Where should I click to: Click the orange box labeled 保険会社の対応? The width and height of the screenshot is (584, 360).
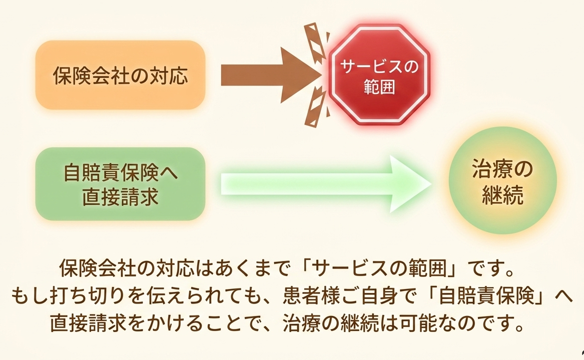tap(120, 75)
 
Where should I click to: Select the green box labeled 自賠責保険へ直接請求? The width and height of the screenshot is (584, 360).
tap(120, 184)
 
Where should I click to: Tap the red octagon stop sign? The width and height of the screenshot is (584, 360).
tap(379, 74)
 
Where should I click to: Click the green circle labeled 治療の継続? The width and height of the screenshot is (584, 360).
tap(502, 180)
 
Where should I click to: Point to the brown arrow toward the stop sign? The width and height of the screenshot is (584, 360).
tap(271, 75)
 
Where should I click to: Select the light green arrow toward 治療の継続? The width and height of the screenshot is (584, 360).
tap(326, 184)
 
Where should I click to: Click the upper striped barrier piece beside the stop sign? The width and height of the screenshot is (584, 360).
tap(315, 41)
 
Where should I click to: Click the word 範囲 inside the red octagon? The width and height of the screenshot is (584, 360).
tap(379, 87)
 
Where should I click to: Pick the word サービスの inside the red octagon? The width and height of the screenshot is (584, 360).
tap(379, 66)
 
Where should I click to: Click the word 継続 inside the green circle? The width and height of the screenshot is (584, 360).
tap(502, 194)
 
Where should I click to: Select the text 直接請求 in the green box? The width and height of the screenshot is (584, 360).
tap(120, 196)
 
